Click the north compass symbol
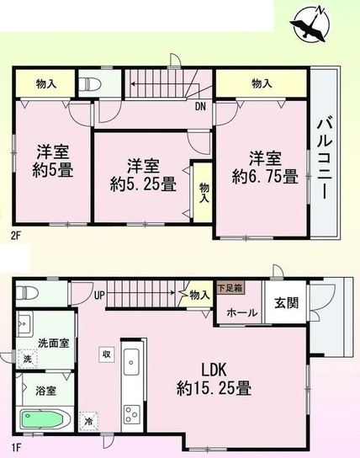[311, 23]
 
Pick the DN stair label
[200, 107]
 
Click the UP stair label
[99, 296]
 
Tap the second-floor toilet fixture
[90, 84]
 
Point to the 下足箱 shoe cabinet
[230, 288]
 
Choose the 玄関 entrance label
[287, 303]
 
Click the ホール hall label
[242, 313]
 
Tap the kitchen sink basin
[131, 362]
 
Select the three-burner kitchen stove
[131, 414]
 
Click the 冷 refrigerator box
[89, 421]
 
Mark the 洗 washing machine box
[27, 359]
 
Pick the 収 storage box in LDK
[106, 354]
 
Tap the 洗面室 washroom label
[54, 343]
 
